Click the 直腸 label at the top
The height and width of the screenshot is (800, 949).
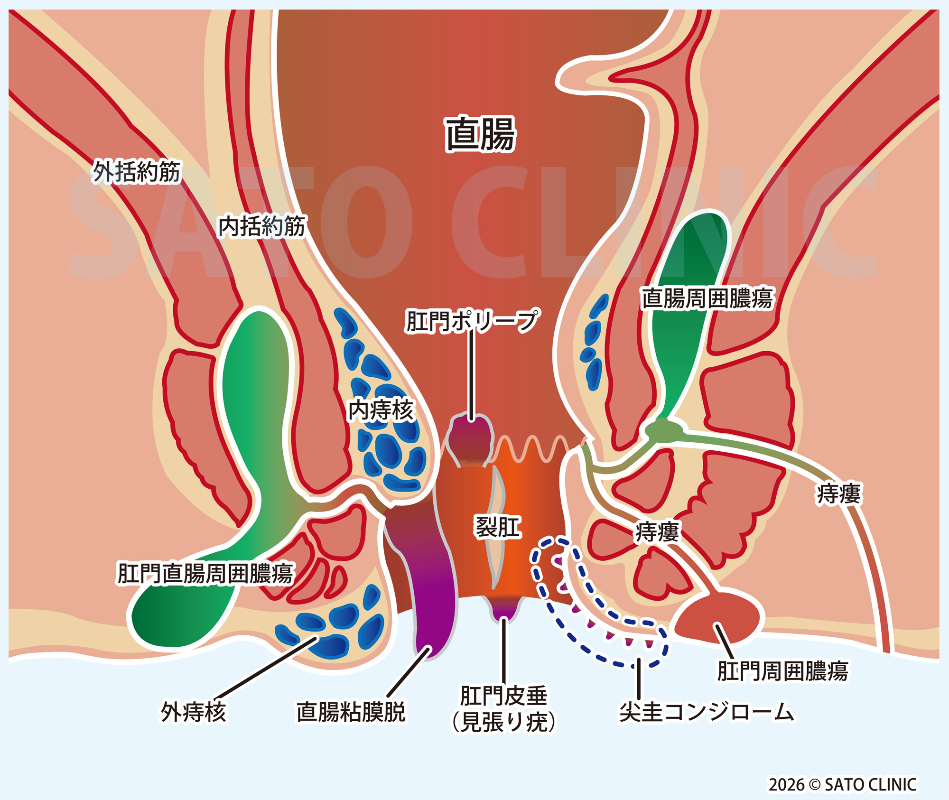coord(480,134)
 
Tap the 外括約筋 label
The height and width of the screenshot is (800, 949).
coord(137,171)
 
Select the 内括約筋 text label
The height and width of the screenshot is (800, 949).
coord(261,226)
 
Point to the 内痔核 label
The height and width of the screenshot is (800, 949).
coord(381,410)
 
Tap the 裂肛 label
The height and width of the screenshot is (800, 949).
coord(498,527)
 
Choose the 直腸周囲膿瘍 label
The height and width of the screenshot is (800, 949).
coord(707,298)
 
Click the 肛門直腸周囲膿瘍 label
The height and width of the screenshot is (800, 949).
coord(205,573)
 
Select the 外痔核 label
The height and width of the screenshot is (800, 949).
coord(193,712)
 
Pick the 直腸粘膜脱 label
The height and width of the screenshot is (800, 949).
coord(351,712)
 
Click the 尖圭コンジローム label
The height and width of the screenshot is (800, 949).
coord(707,712)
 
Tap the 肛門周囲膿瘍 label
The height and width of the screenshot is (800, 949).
coord(782,671)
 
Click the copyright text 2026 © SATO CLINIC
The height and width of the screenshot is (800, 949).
coord(842,784)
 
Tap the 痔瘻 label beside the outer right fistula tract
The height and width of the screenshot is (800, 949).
coord(838,494)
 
